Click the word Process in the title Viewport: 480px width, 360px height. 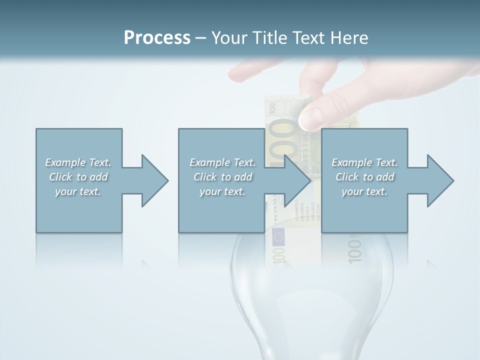tap(157, 38)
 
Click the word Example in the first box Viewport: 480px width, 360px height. tap(65, 162)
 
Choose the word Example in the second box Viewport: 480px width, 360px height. tap(209, 162)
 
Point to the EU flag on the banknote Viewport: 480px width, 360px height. tap(278, 236)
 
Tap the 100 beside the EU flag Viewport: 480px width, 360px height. tap(279, 255)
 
